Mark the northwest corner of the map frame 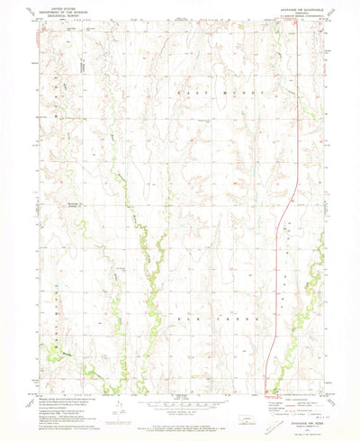[39, 33]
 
